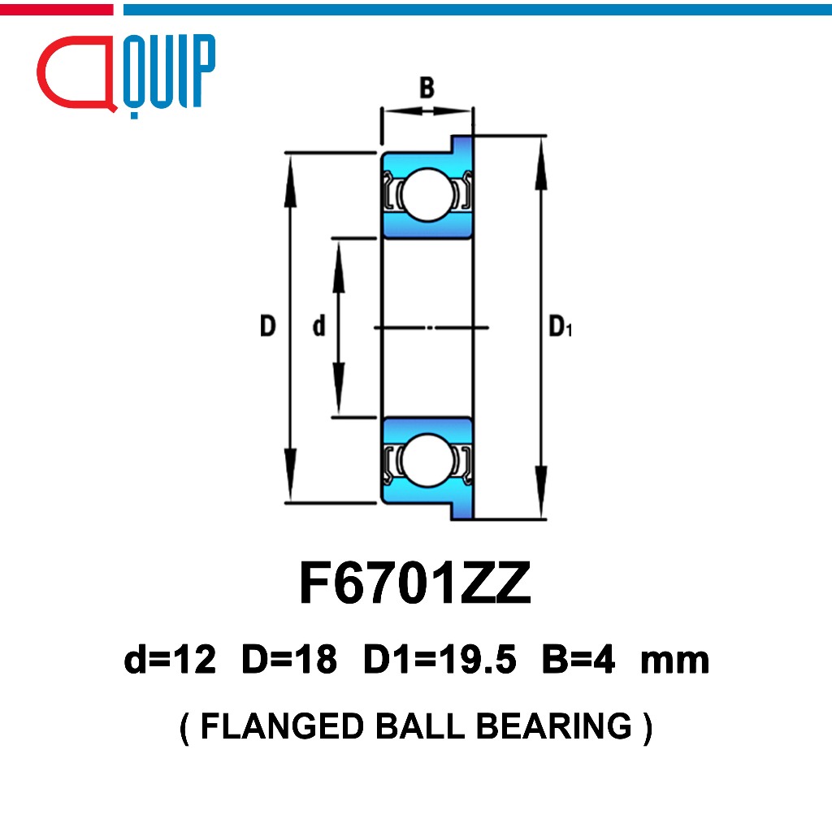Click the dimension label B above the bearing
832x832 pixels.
[x=427, y=88]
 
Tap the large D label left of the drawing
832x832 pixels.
[x=268, y=326]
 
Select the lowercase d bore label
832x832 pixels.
[x=318, y=326]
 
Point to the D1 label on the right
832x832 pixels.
[x=561, y=327]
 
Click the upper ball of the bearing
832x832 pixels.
[x=427, y=195]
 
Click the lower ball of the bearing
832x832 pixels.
[x=427, y=461]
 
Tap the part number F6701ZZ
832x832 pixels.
[x=415, y=583]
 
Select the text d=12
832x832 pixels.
[x=170, y=660]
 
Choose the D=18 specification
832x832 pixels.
[x=289, y=660]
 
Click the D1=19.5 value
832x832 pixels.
[x=440, y=660]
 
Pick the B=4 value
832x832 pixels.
[x=578, y=660]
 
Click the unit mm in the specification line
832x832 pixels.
[x=675, y=662]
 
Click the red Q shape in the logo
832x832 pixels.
[x=76, y=73]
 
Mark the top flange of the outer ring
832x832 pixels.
[x=461, y=144]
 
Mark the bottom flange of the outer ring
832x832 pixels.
[x=461, y=511]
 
